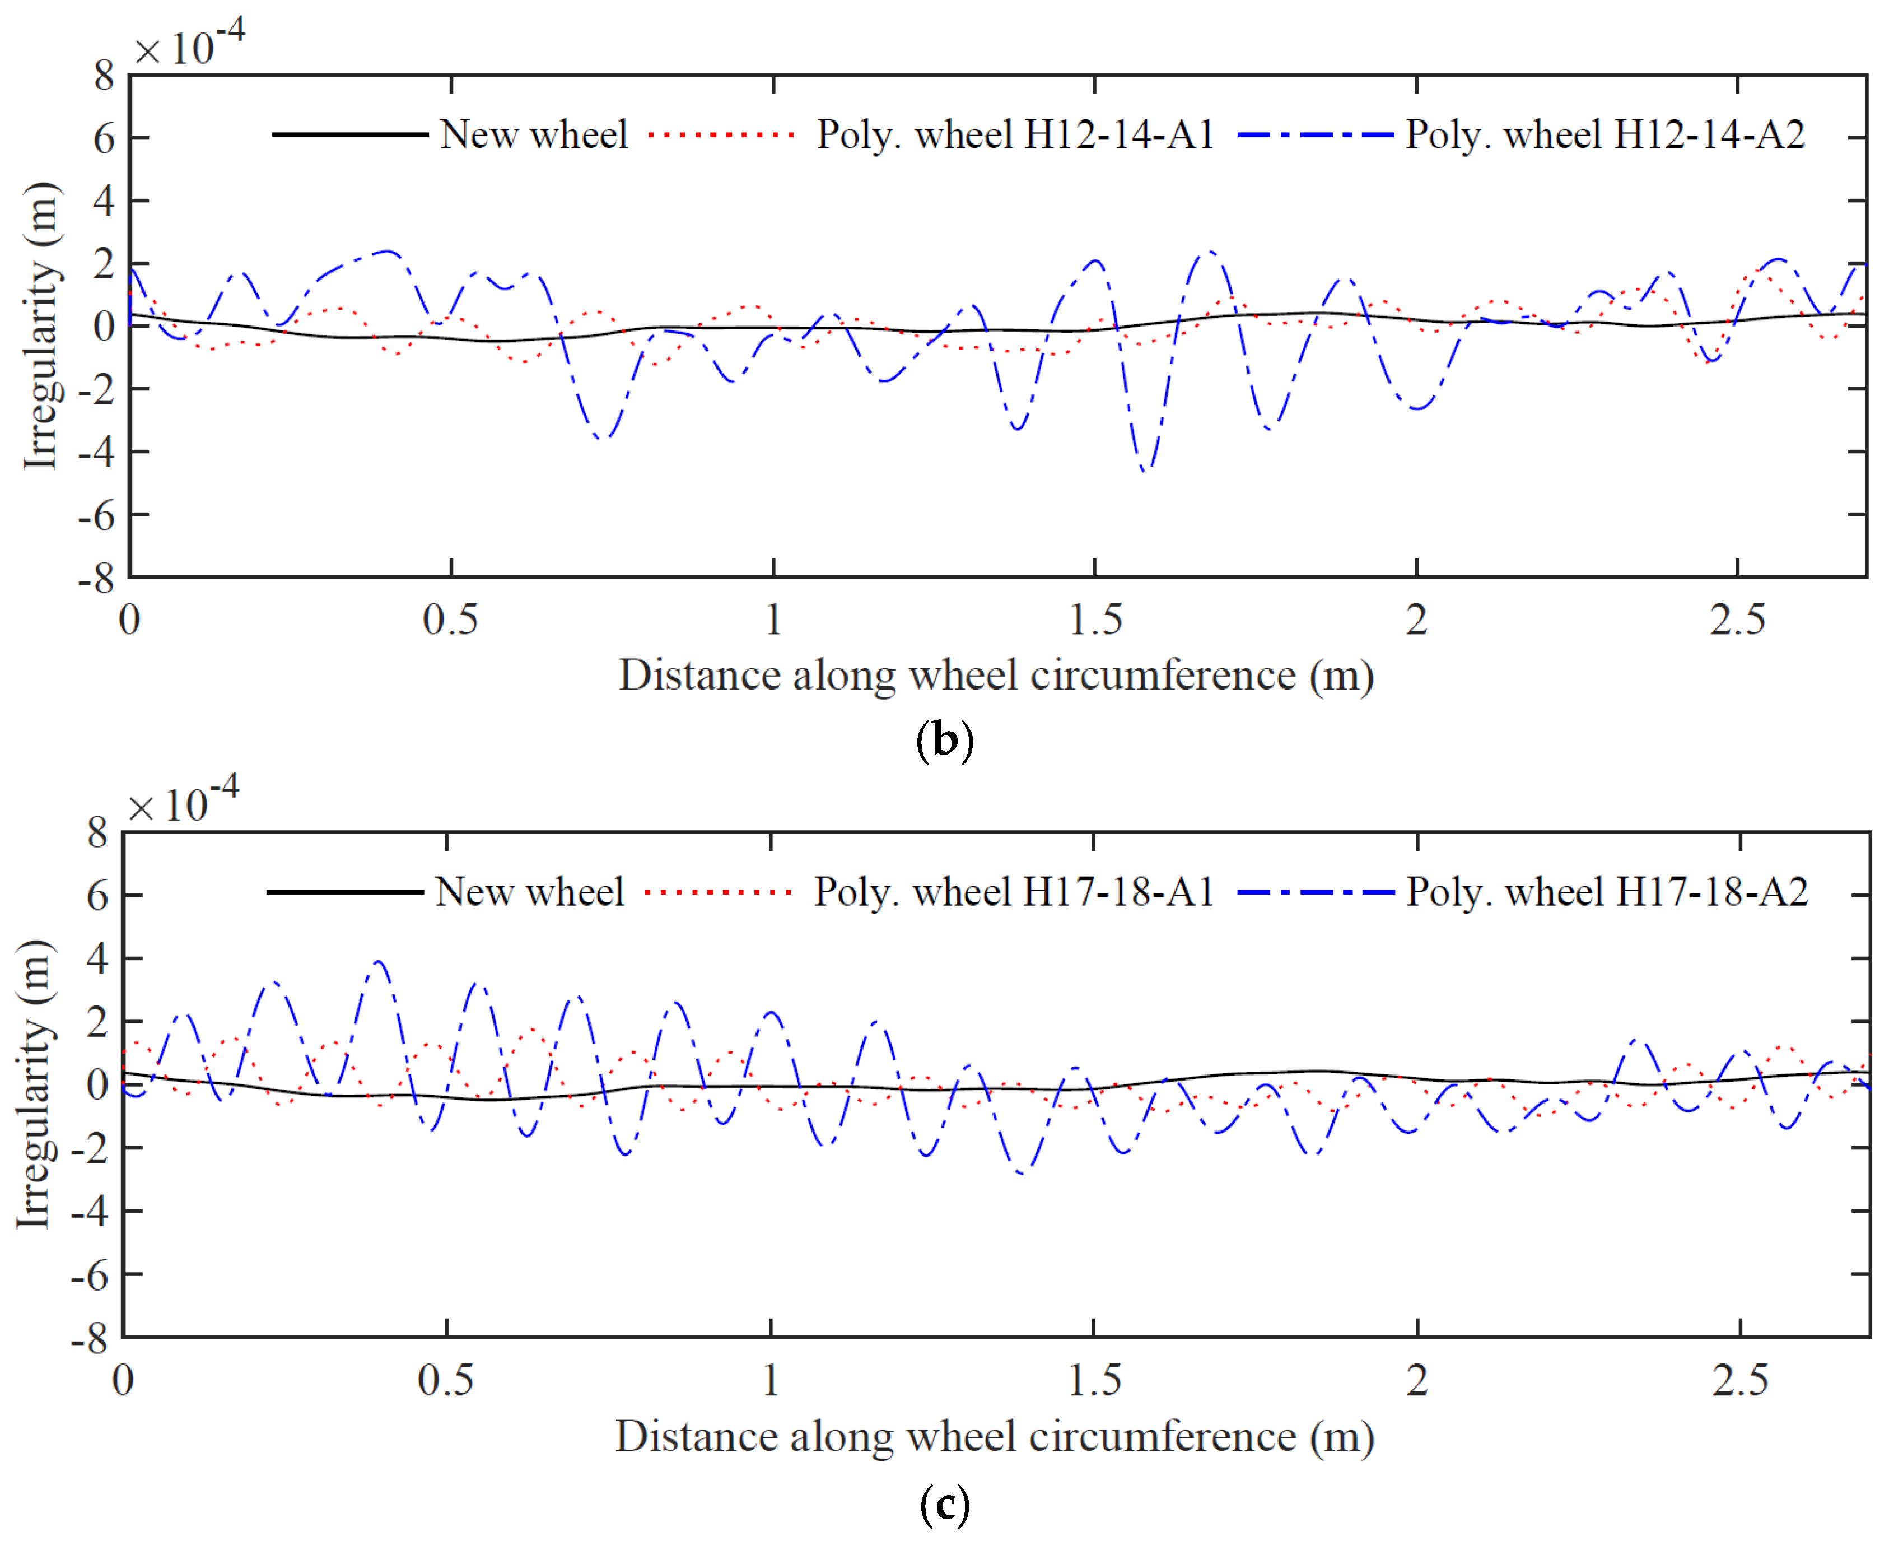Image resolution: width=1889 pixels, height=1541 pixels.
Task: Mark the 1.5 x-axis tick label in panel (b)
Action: click(1095, 620)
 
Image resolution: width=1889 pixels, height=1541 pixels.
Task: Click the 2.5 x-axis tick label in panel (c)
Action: click(1740, 1380)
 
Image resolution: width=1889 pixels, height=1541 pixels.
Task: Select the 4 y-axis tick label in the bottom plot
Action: click(97, 958)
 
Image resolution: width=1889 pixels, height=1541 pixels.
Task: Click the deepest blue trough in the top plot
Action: click(1145, 469)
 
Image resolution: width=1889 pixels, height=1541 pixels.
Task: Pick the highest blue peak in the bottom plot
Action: click(380, 961)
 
